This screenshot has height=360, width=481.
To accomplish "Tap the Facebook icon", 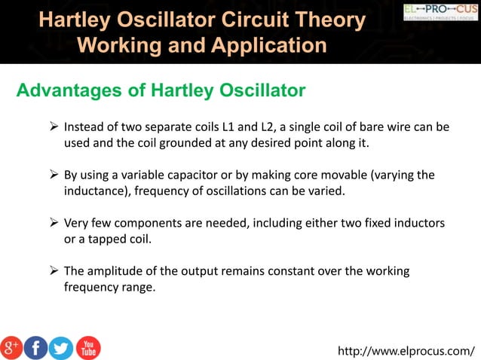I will [36, 347].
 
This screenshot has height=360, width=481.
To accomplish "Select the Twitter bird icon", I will [61, 347].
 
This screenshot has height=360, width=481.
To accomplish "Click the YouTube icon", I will [87, 347].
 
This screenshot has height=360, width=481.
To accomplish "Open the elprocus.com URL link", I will [406, 350].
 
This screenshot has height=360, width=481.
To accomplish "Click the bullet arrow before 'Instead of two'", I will [54, 127].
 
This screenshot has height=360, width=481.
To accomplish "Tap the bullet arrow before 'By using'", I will [54, 175].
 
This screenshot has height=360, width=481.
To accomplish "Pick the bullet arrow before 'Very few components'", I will [54, 223].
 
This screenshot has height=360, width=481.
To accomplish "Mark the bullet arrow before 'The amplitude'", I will [54, 271].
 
